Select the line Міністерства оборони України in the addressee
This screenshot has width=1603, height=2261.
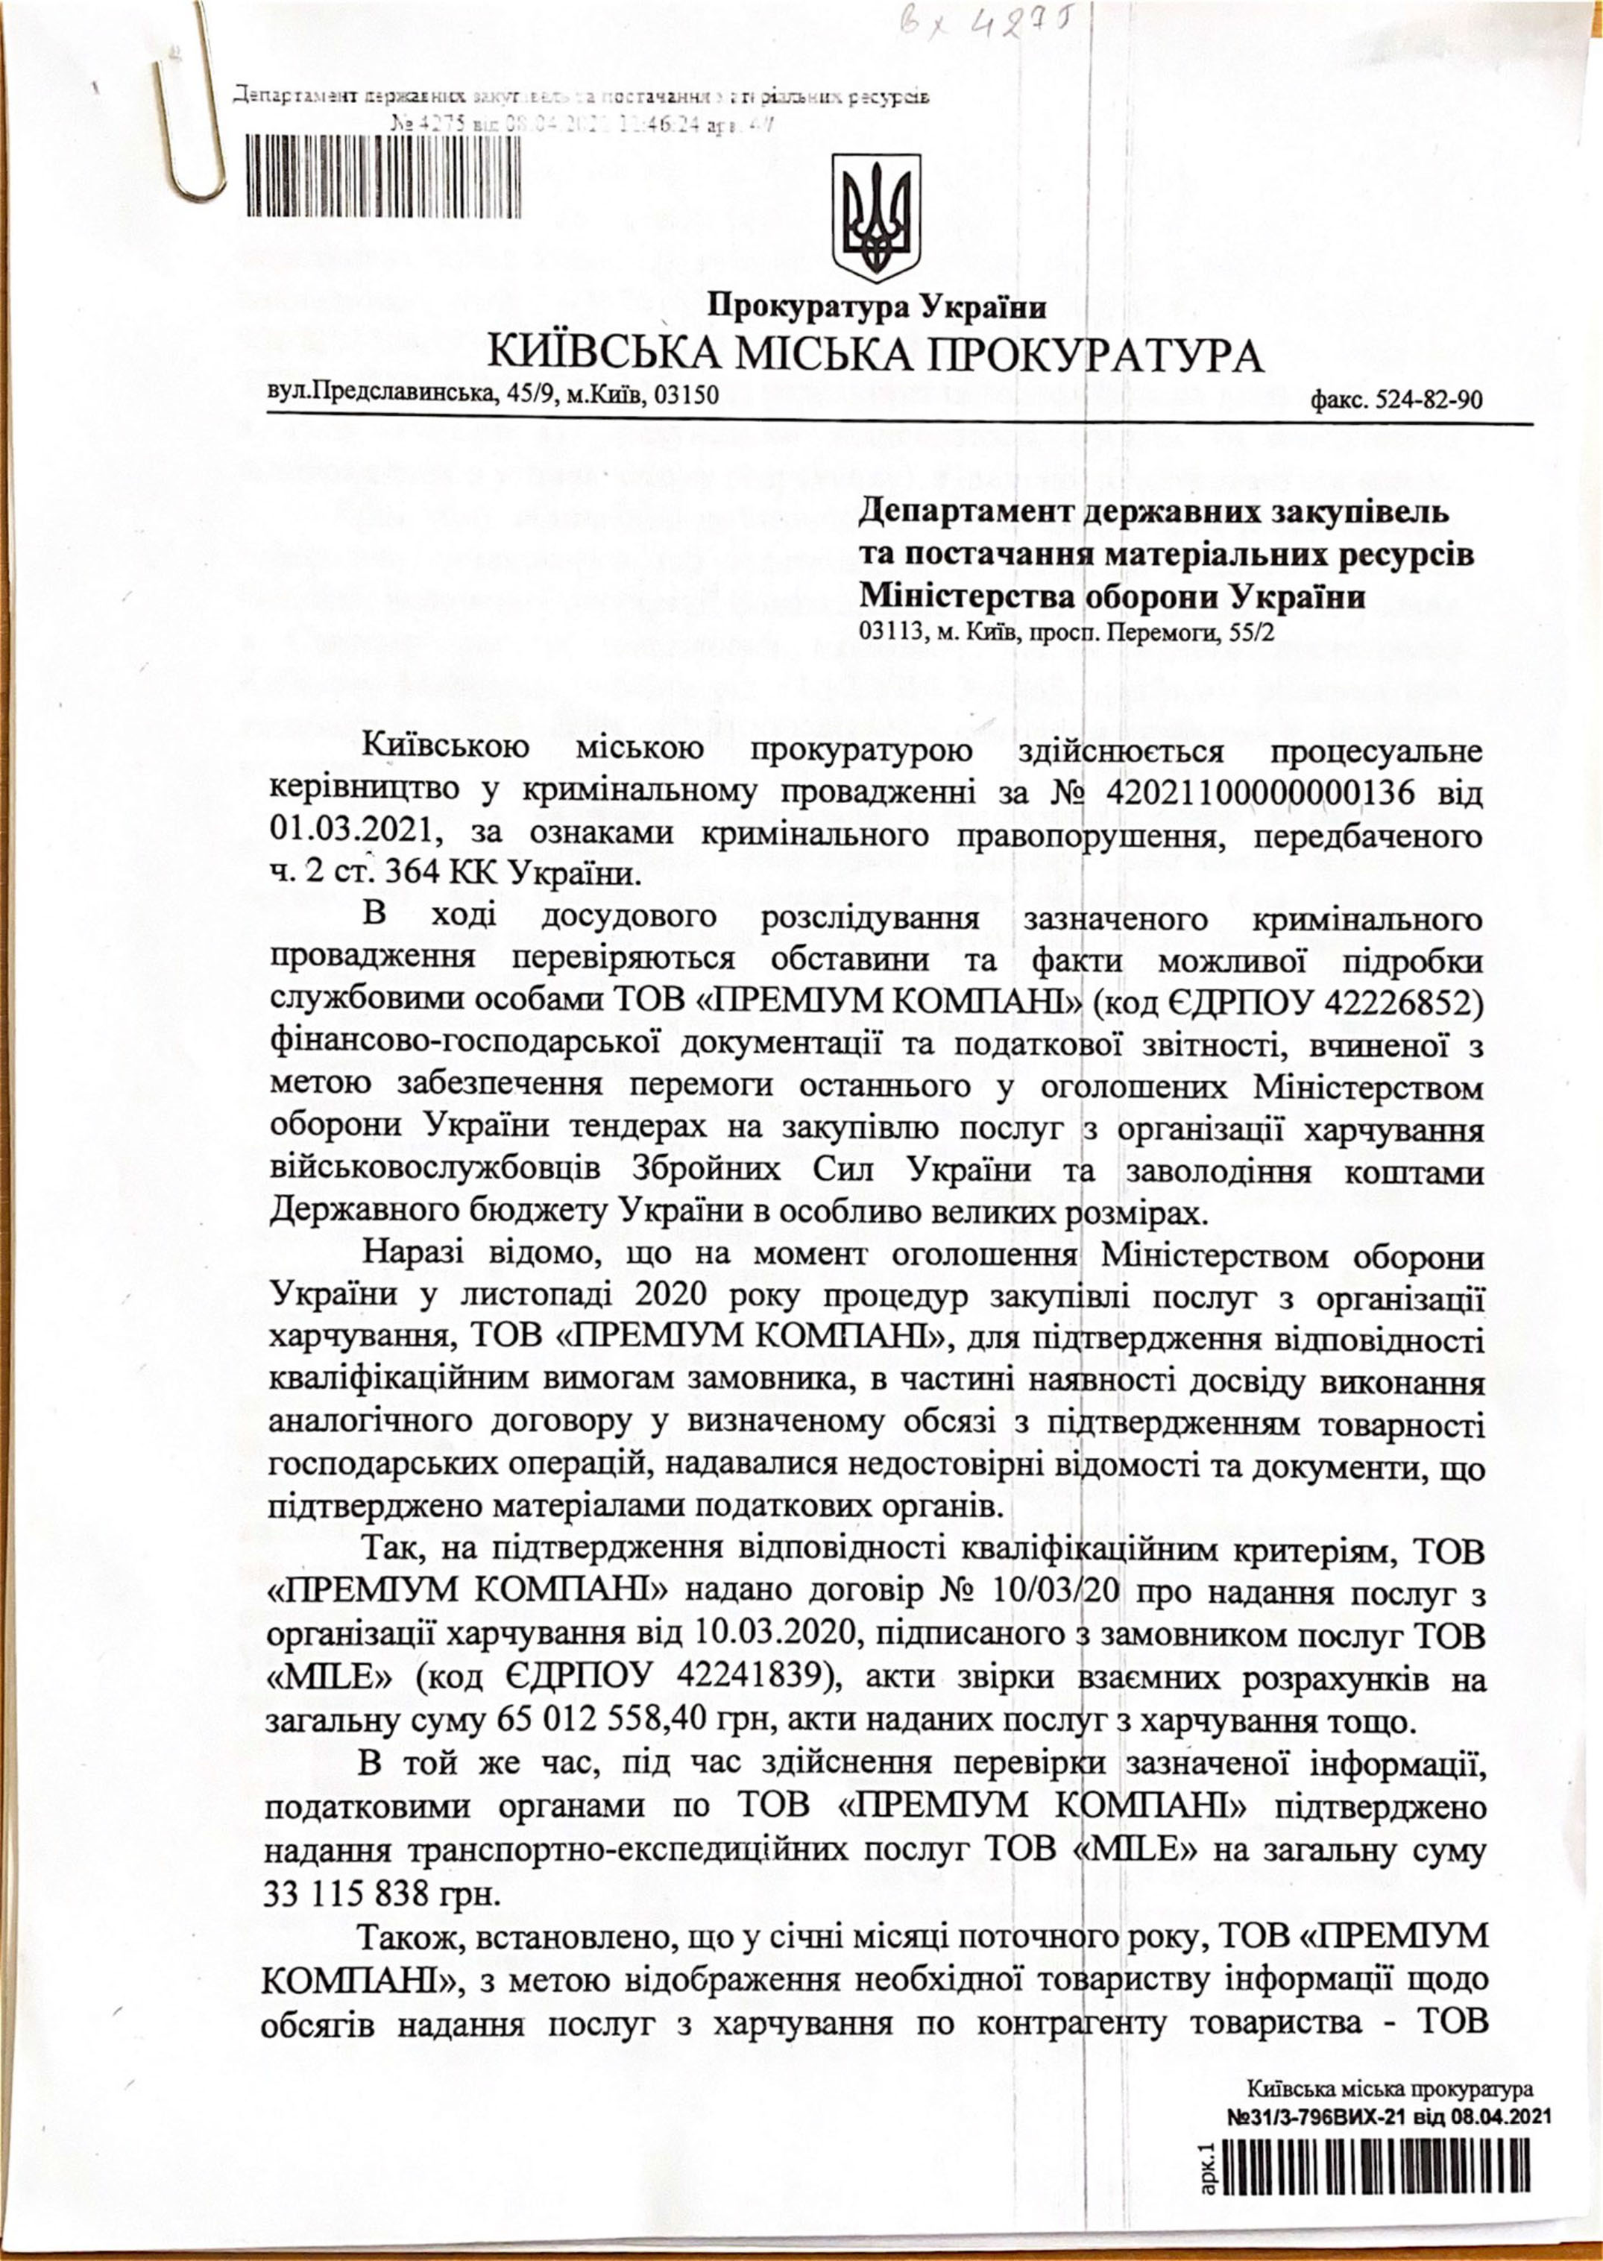point(1113,597)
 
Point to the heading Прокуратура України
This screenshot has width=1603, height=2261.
point(877,307)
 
